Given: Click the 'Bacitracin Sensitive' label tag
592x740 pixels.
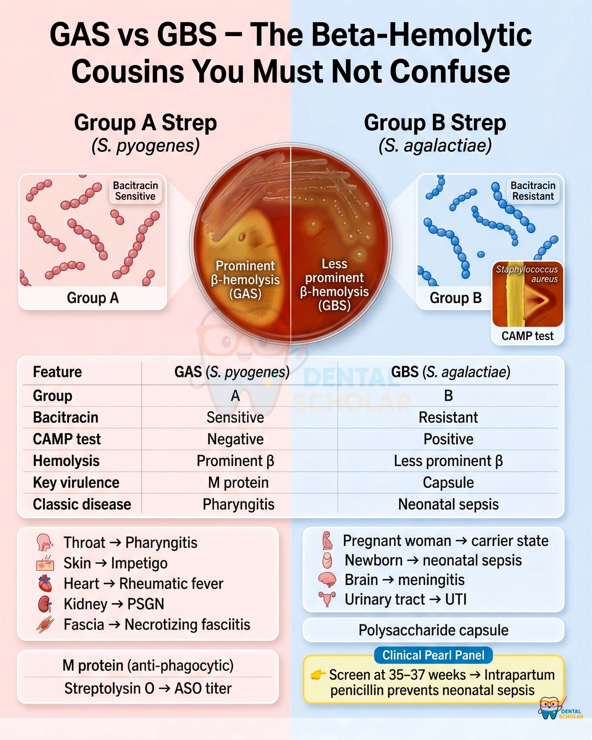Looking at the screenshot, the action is click(x=135, y=191).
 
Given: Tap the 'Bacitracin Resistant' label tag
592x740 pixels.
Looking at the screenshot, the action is click(x=533, y=191).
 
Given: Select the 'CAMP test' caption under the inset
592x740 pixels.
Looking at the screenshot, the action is click(x=527, y=336).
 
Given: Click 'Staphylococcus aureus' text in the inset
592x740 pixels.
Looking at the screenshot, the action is click(x=527, y=274).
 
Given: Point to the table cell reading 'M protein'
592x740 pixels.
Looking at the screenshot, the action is click(x=238, y=482).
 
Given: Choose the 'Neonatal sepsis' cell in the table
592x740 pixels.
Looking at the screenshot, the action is click(x=448, y=504).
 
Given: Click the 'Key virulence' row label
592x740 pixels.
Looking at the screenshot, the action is click(x=76, y=482).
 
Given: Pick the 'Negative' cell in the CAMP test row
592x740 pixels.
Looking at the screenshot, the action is click(x=235, y=439).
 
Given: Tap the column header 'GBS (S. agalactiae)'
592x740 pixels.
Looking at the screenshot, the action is click(x=451, y=372).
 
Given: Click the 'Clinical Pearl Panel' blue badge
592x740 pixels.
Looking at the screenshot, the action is click(x=433, y=655).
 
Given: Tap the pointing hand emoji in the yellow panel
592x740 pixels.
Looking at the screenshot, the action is click(x=318, y=675).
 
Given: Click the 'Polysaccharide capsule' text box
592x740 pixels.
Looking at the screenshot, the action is click(x=433, y=630).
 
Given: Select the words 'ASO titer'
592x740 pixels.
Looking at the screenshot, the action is click(x=203, y=689).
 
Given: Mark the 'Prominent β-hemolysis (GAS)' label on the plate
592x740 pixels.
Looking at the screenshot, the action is click(x=245, y=280).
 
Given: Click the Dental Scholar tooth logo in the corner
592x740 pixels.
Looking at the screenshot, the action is click(x=560, y=708).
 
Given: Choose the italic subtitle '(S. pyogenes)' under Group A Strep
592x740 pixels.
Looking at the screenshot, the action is click(x=145, y=145).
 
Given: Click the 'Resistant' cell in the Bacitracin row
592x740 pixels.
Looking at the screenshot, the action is click(x=448, y=417).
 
